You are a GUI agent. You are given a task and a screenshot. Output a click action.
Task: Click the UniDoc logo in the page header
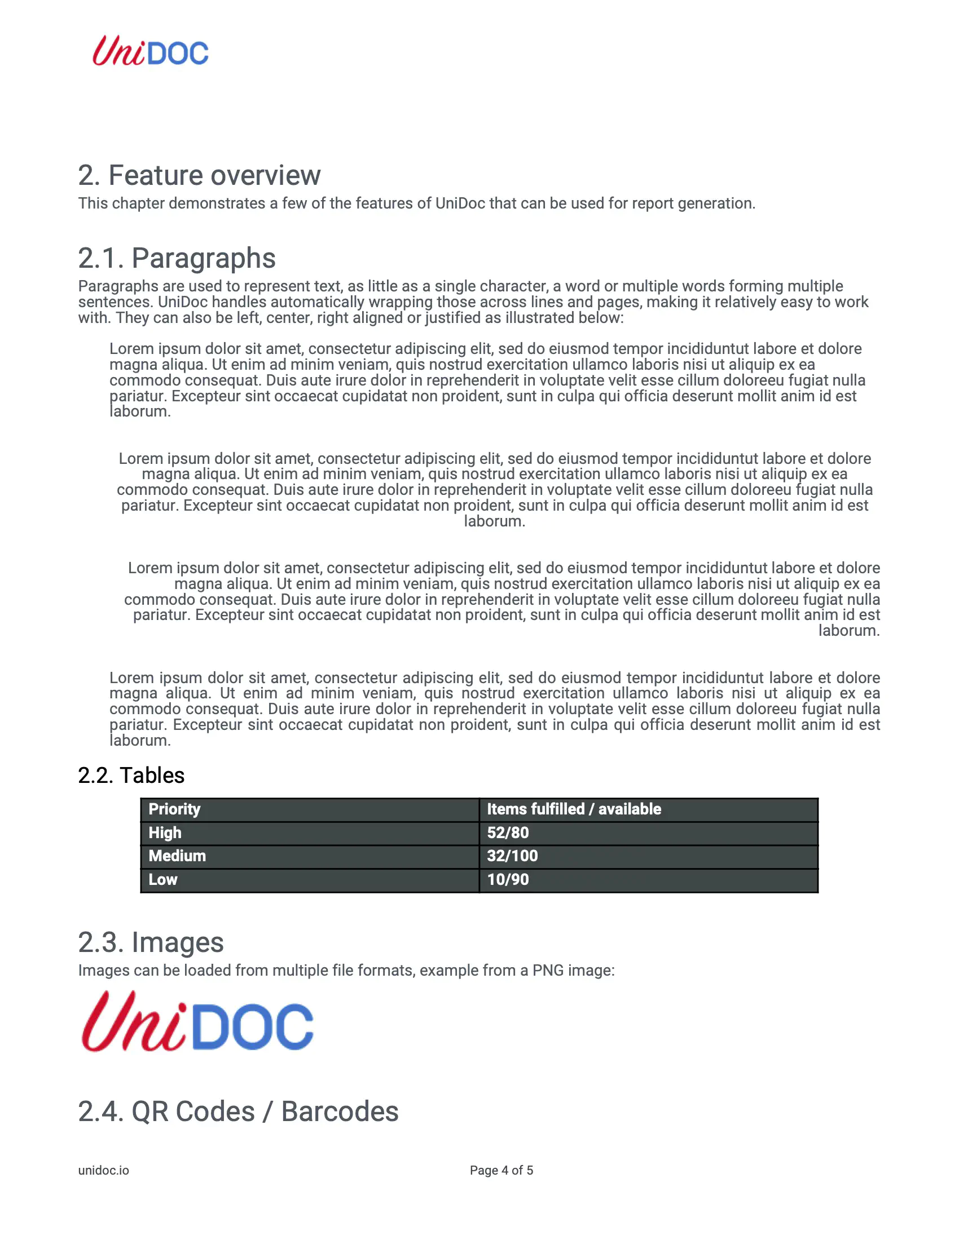[151, 51]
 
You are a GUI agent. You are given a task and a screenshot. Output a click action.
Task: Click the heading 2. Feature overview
[199, 175]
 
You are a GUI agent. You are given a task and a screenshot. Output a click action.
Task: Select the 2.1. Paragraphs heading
[177, 258]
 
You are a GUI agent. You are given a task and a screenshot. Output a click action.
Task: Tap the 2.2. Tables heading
[131, 776]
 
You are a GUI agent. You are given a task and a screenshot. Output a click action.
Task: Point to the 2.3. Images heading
[151, 942]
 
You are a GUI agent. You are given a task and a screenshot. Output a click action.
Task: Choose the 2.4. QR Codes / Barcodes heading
[238, 1111]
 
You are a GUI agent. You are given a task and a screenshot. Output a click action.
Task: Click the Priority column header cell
[174, 809]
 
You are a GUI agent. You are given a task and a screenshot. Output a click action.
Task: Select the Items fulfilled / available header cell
[574, 809]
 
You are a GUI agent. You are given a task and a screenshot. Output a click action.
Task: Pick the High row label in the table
[165, 833]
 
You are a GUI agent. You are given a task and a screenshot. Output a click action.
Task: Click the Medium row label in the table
[177, 856]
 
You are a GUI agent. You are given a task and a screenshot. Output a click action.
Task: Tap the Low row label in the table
[163, 879]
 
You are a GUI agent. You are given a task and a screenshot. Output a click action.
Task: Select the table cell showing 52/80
[508, 833]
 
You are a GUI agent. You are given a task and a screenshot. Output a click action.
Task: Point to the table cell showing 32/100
[512, 856]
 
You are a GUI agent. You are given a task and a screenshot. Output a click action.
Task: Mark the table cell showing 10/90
[508, 879]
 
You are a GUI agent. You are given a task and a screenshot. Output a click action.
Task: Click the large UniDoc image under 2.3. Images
[197, 1021]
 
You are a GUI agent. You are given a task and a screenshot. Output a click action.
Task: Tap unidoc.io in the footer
[103, 1171]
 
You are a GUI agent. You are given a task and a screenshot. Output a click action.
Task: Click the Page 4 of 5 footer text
[501, 1171]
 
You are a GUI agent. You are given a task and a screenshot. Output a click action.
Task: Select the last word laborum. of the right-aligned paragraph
[849, 631]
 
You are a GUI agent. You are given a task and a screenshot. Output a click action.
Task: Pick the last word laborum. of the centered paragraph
[494, 521]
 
